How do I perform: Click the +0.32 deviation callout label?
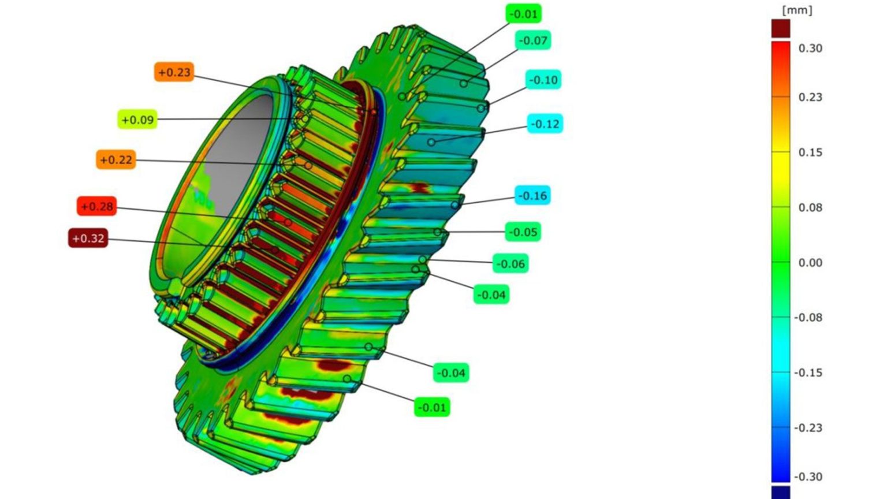click(88, 238)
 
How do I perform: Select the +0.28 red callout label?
click(96, 206)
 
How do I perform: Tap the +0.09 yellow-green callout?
click(137, 120)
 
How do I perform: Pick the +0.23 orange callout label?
click(174, 72)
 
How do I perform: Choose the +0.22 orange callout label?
click(116, 159)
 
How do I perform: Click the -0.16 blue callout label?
click(532, 195)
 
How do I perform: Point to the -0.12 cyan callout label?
click(545, 124)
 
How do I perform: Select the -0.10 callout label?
click(543, 80)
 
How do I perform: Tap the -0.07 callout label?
click(533, 40)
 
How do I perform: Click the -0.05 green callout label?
click(523, 232)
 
